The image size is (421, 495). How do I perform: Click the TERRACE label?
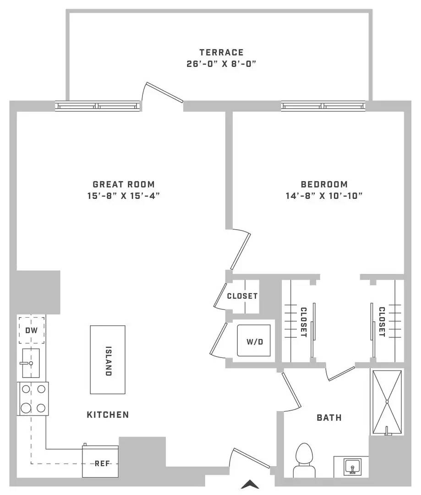coord(221,52)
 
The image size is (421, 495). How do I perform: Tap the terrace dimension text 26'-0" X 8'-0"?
coord(221,64)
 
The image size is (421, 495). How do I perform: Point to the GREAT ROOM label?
coord(124,184)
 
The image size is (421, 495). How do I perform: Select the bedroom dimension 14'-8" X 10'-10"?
coord(324,196)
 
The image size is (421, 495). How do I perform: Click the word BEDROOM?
coord(324,184)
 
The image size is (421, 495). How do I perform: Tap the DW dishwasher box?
coord(31,330)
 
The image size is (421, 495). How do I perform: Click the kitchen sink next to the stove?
coord(31,363)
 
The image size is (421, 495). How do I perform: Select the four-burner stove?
coord(33,398)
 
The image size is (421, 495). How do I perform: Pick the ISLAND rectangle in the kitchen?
coord(108,360)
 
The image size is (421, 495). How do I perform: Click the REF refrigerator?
coord(100,461)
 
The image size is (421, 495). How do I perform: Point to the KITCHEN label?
coord(108,414)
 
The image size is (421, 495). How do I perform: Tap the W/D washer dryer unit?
coord(254,340)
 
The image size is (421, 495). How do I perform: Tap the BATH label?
coord(329,418)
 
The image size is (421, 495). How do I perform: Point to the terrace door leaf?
coord(164,93)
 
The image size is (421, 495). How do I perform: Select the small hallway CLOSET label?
coord(242,296)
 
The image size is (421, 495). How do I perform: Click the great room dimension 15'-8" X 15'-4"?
coord(123,196)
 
